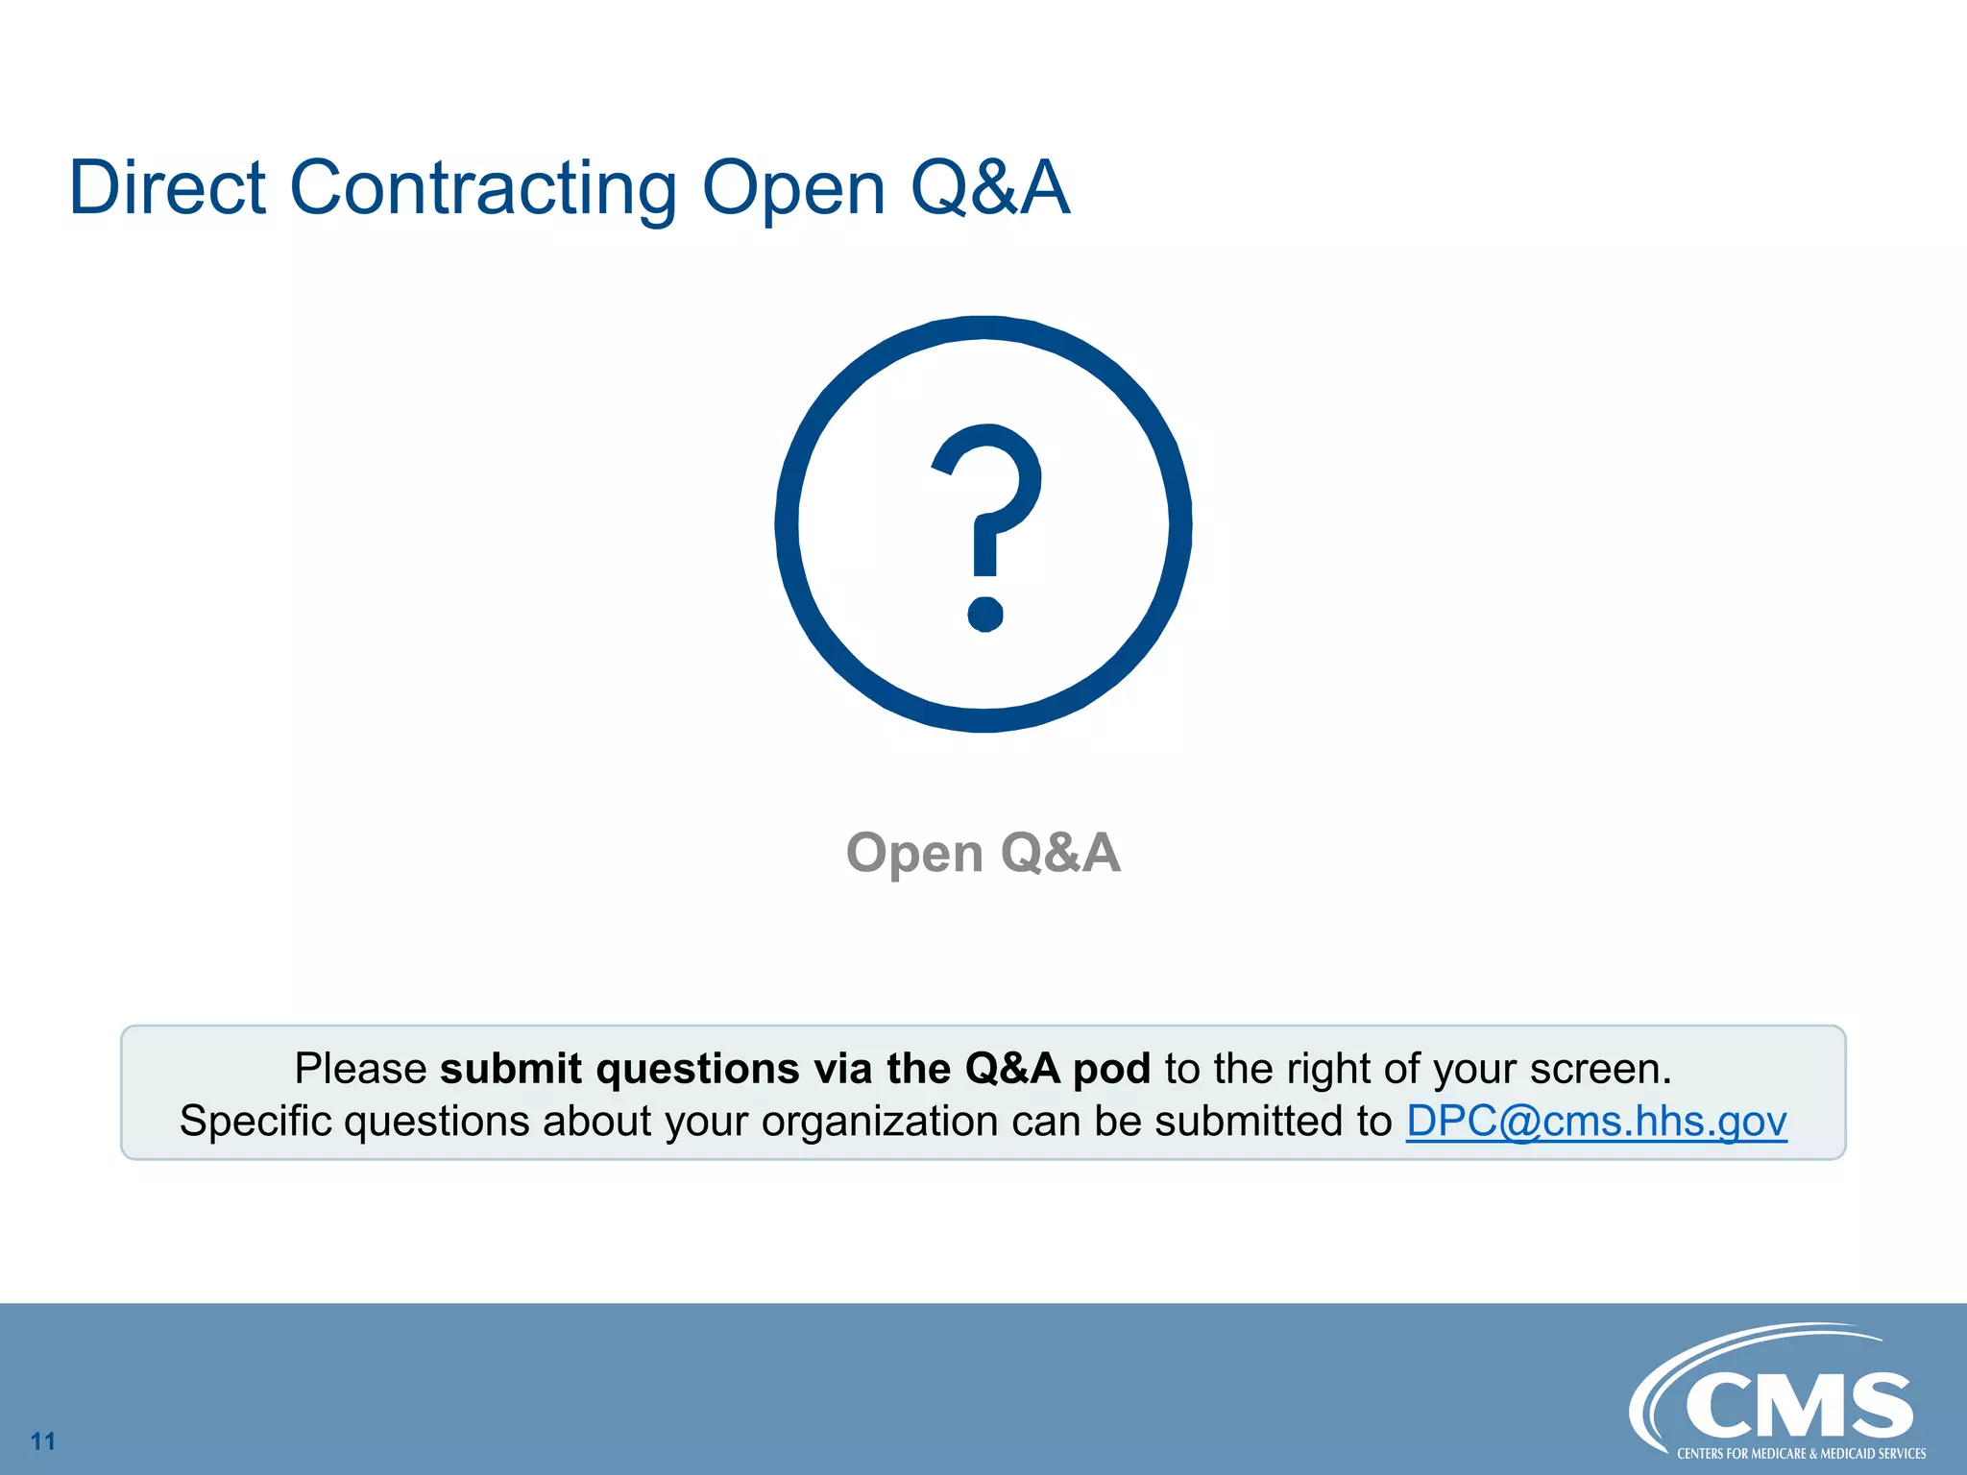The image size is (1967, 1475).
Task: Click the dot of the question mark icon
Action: [x=984, y=613]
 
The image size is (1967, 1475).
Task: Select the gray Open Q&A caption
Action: [x=983, y=852]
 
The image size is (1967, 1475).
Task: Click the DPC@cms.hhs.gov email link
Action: [x=1595, y=1121]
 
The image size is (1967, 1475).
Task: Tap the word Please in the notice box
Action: [x=360, y=1069]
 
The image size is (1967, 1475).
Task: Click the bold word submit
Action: [x=511, y=1069]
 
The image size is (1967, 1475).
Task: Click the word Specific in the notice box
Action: [x=255, y=1121]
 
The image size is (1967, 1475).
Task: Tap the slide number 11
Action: [x=43, y=1440]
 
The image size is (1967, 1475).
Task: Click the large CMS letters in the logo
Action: [x=1798, y=1406]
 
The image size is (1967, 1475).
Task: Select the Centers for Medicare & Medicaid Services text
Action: [x=1801, y=1454]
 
